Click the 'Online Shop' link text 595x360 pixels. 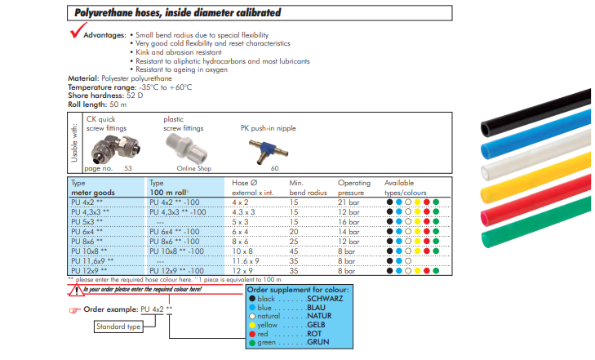[193, 167]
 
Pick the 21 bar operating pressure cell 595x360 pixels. [348, 201]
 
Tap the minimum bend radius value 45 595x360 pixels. [295, 251]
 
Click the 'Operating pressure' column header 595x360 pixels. [353, 188]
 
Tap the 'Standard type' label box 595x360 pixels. [119, 327]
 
